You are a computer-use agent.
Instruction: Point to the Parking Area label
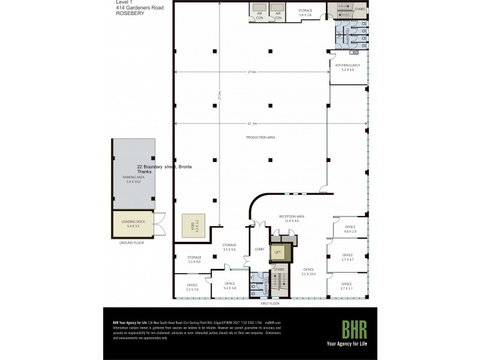[x=133, y=179]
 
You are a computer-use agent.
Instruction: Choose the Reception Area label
[x=292, y=218]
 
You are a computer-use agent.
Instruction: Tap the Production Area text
[x=260, y=137]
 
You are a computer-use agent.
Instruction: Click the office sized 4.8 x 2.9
[x=350, y=229]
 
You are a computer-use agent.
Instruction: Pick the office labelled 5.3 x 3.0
[x=192, y=287]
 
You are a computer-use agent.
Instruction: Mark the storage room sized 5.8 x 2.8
[x=305, y=13]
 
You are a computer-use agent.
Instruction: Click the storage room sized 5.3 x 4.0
[x=194, y=259]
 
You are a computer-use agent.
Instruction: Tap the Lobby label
[x=260, y=248]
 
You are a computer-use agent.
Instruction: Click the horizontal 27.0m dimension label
[x=252, y=72]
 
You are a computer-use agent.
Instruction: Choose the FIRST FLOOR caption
[x=271, y=304]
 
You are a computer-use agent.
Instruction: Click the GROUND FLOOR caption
[x=131, y=242]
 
